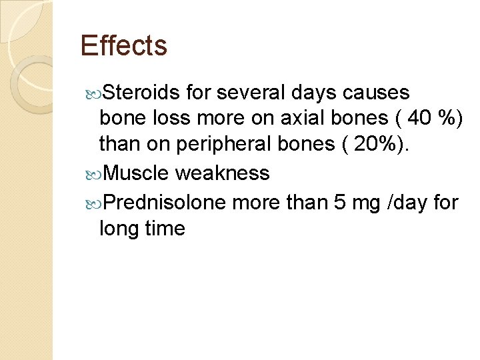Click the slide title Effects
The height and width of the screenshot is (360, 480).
[123, 46]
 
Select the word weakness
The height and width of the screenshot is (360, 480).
[222, 173]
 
